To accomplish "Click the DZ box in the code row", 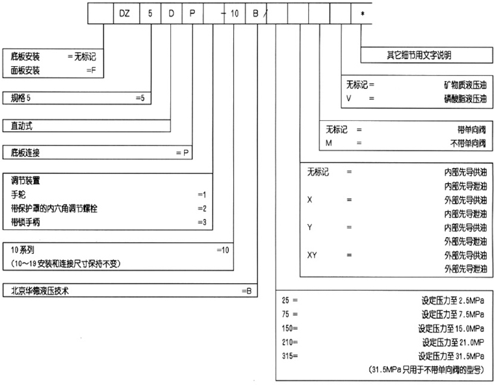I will (x=125, y=13).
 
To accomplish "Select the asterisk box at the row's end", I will (x=362, y=13).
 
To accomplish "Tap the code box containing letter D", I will (x=171, y=13).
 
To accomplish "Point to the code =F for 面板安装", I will (x=90, y=69).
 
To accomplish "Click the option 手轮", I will (x=18, y=194).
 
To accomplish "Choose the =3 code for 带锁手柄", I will (x=201, y=221).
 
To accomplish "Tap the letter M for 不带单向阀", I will (x=330, y=143).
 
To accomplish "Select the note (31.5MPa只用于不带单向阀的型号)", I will (x=426, y=369).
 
